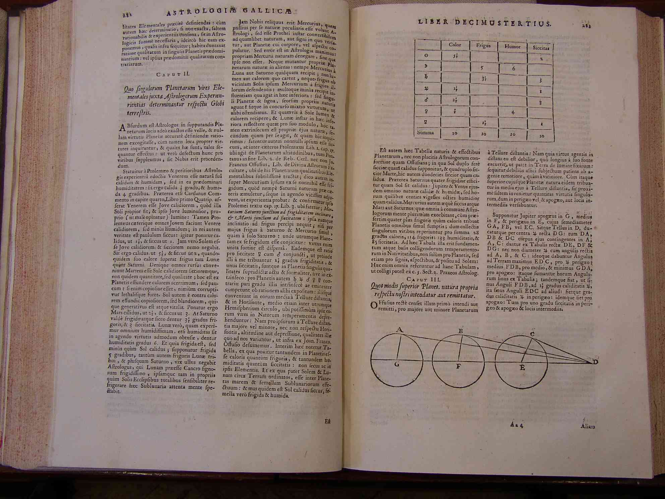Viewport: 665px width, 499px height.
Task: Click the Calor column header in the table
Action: tap(455, 45)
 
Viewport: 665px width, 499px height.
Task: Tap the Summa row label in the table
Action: tap(426, 132)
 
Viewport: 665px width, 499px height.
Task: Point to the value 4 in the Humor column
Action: tap(513, 112)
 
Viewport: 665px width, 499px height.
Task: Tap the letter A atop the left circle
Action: tap(399, 330)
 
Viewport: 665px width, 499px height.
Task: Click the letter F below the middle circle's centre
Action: tap(459, 367)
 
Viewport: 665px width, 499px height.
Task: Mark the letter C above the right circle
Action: tap(532, 334)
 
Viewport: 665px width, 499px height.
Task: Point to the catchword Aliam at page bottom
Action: tap(588, 426)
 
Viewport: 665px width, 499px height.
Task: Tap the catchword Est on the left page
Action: tap(327, 422)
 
